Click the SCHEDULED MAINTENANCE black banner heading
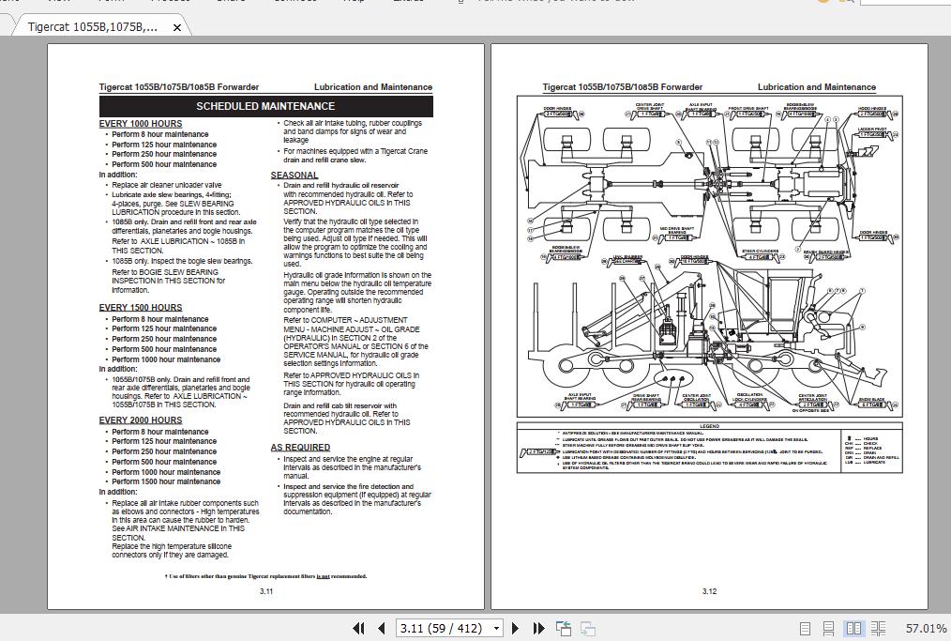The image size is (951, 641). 265,106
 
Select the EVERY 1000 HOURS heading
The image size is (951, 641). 141,124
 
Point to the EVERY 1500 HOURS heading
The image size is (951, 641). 141,308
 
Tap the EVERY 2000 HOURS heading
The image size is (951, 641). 141,420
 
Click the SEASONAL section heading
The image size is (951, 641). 294,176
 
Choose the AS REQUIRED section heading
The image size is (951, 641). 300,448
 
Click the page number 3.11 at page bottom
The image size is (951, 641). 266,591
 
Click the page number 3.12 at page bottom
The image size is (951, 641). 709,591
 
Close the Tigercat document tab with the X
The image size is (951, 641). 177,27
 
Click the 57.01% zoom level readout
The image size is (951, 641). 926,628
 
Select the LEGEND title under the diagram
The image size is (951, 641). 709,427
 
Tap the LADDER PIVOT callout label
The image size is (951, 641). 872,130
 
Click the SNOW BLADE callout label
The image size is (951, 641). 871,400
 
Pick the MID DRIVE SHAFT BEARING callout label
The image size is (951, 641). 676,230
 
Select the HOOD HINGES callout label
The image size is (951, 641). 872,109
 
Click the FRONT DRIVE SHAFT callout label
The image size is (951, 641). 748,109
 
